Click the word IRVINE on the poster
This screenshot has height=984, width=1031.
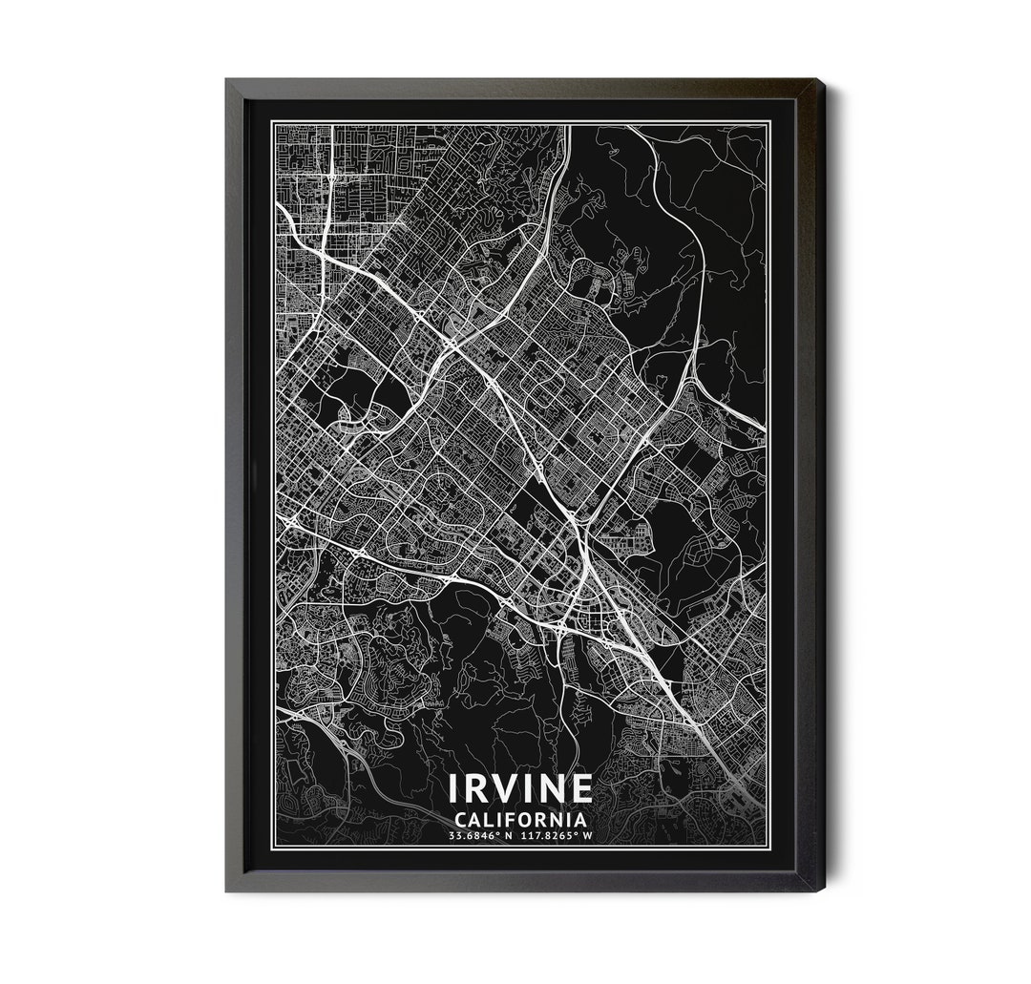click(521, 788)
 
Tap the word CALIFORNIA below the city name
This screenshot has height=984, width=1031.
click(521, 819)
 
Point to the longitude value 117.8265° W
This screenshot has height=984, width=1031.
click(558, 837)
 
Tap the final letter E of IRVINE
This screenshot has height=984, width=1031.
click(581, 788)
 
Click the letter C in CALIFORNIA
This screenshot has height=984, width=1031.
click(462, 819)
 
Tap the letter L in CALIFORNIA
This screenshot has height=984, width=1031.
click(493, 819)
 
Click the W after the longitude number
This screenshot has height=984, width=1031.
click(588, 837)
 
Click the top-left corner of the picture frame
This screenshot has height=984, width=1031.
click(227, 80)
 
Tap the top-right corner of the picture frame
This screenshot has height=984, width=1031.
click(822, 80)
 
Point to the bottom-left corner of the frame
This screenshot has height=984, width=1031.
click(227, 890)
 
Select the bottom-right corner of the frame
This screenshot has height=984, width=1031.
click(822, 890)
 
